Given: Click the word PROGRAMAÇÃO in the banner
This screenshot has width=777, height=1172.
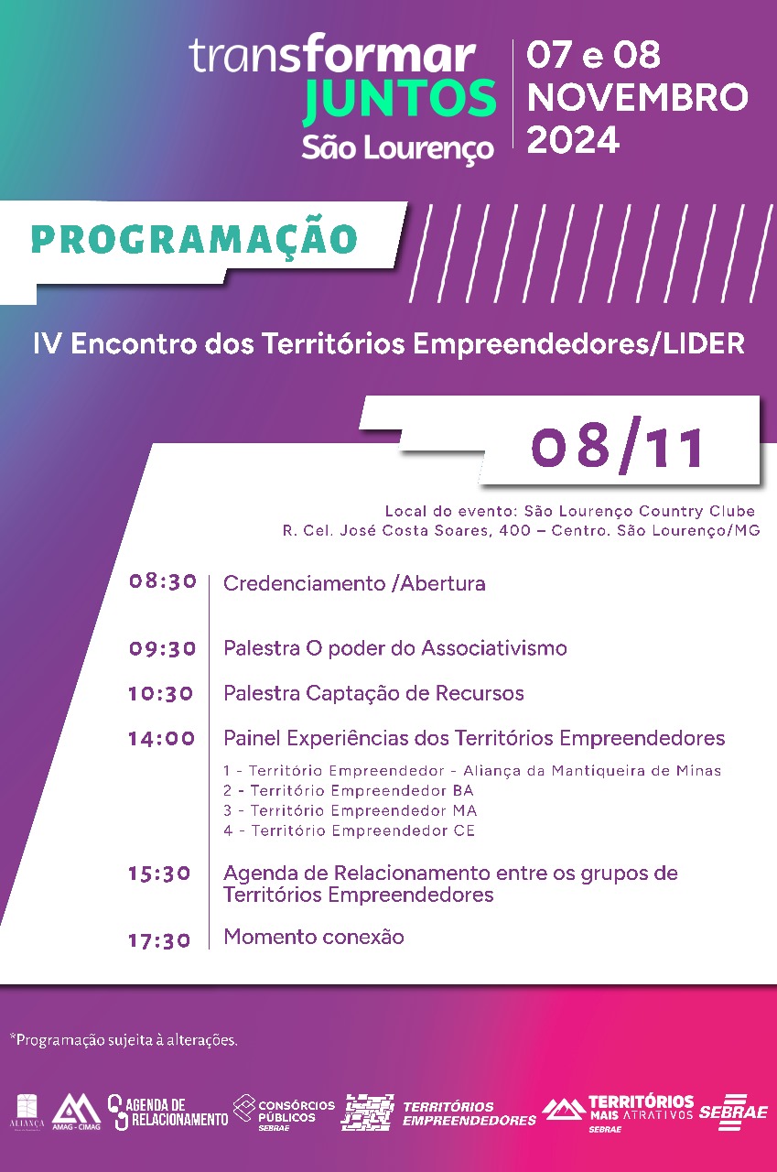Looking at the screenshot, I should point(194,239).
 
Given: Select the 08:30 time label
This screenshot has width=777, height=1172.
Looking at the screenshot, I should point(163,581).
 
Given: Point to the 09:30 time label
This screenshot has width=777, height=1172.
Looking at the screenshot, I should point(163,648).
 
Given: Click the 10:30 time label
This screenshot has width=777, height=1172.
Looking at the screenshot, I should point(161,693).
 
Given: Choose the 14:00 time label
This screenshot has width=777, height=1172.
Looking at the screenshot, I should point(162,738).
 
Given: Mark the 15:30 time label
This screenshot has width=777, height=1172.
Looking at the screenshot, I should point(160,874).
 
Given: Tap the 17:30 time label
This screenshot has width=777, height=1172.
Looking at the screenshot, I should point(160,939).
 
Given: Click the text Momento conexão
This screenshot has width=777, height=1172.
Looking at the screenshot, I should point(314,937).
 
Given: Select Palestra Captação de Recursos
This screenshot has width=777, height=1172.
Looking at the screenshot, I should point(373,693).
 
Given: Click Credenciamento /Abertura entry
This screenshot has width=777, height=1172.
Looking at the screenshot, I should point(354,583).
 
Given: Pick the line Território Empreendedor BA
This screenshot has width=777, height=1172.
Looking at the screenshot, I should point(349,790).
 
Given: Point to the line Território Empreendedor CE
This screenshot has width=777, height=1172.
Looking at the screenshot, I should point(349,831).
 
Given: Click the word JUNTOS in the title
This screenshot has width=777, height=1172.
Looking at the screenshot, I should point(399,101).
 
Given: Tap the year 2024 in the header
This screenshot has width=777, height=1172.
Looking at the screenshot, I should point(574,140).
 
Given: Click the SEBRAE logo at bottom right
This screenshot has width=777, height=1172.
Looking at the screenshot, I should point(732,1112).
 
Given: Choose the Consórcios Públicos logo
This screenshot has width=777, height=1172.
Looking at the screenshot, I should point(285,1112).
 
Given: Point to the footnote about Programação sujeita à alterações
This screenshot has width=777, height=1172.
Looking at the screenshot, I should point(124,1040).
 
